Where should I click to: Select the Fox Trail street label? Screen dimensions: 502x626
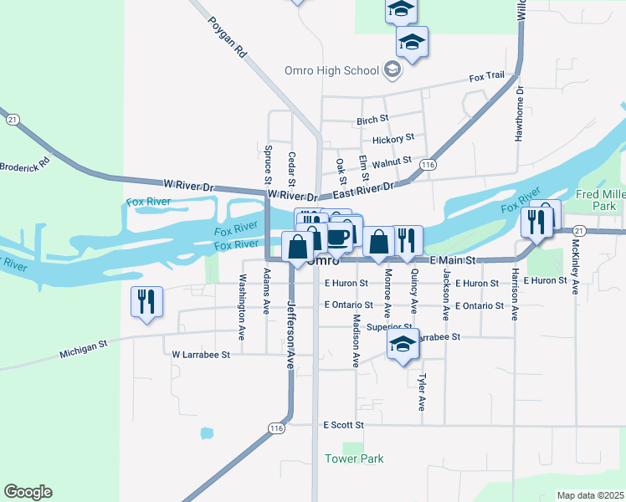[486, 77]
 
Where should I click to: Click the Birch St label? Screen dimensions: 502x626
[372, 120]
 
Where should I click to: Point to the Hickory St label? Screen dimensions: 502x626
[393, 138]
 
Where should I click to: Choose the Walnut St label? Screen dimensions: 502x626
[392, 161]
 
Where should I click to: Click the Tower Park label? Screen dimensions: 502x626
[354, 458]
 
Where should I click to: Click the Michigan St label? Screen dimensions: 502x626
[85, 349]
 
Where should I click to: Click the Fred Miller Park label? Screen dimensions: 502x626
[602, 199]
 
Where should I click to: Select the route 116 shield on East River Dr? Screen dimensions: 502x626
[428, 165]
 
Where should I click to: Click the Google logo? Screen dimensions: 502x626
[28, 492]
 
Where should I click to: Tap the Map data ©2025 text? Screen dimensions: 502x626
[590, 495]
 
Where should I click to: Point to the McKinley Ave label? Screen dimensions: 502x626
[575, 269]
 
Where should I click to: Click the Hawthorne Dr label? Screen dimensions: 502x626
[519, 114]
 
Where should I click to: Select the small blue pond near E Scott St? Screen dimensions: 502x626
[206, 433]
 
